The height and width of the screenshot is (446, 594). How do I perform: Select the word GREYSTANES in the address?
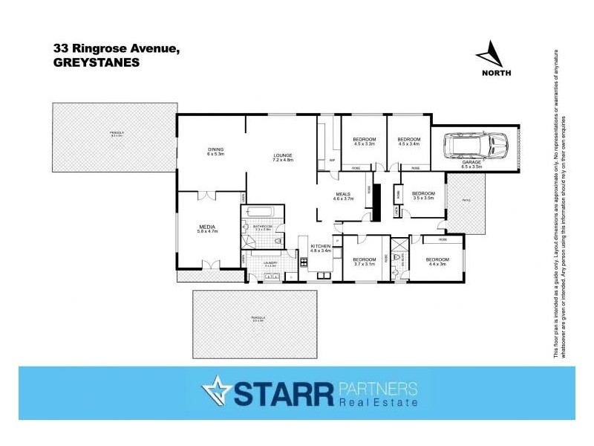97,63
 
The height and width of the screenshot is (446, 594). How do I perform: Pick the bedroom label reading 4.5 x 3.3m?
365,142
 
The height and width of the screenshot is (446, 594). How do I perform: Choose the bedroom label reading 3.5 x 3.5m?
423,195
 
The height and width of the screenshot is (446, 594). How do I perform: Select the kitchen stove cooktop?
304,262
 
